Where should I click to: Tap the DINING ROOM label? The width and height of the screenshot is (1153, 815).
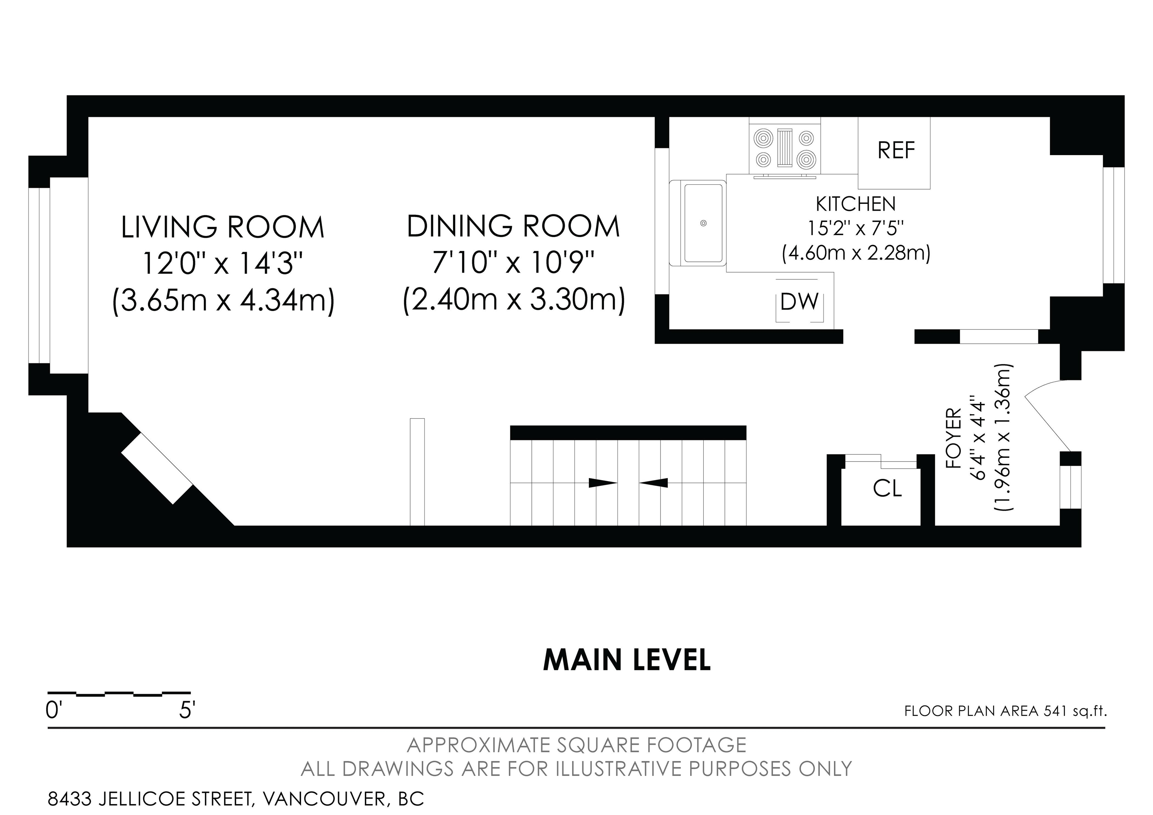[x=513, y=226]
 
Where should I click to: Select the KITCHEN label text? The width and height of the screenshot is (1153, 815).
[x=856, y=204]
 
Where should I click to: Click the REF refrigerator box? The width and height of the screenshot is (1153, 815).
[x=894, y=153]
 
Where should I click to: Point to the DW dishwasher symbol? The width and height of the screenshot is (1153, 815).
[x=800, y=302]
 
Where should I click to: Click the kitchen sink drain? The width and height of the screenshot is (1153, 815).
[x=704, y=223]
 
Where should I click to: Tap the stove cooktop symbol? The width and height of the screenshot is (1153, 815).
[x=785, y=149]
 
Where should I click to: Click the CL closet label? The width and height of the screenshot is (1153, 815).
[x=887, y=488]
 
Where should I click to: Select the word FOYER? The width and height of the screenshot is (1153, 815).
[x=953, y=439]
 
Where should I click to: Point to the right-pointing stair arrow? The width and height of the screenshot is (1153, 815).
[x=603, y=483]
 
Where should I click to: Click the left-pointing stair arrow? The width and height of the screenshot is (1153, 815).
[x=653, y=483]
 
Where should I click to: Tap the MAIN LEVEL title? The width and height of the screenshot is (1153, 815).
[x=627, y=660]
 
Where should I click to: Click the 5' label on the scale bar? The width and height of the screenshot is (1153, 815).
[x=187, y=711]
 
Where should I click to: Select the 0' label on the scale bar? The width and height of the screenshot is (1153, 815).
[x=52, y=711]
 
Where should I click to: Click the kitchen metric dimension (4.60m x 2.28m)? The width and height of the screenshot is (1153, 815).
[x=856, y=253]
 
